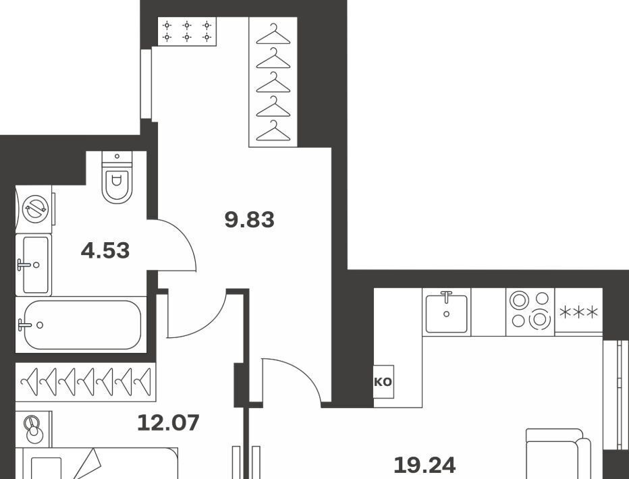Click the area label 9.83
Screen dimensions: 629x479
[250, 220]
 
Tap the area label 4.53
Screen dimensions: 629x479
[105, 250]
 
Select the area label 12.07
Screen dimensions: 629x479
[168, 423]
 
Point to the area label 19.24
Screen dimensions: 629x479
[425, 465]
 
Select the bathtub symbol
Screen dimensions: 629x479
[81, 325]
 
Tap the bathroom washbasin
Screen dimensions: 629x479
[34, 265]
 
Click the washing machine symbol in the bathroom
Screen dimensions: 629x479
[35, 209]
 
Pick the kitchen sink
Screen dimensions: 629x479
[447, 312]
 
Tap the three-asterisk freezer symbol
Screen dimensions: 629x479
[578, 312]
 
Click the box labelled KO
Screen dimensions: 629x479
[383, 382]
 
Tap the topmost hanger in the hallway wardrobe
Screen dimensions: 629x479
[273, 35]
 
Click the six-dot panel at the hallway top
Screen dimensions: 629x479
[187, 31]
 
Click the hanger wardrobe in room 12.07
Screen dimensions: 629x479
[86, 382]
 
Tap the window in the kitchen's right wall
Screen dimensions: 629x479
[616, 395]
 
